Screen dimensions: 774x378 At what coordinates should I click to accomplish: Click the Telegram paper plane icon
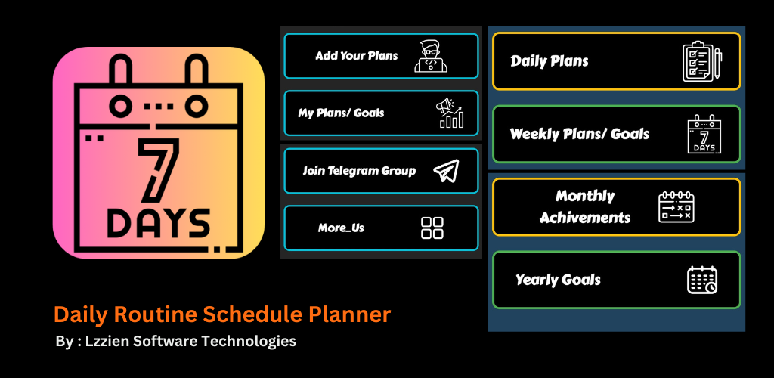coord(446,171)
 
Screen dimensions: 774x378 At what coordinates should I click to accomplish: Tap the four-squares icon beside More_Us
coord(432,228)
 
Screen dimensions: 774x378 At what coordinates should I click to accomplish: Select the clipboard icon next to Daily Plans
coord(702,61)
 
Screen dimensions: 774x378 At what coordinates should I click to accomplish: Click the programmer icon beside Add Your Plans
coord(430,56)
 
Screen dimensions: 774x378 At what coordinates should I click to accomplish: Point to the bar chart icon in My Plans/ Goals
coord(450,113)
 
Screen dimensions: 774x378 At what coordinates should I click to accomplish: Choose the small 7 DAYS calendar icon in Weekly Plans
coord(704,134)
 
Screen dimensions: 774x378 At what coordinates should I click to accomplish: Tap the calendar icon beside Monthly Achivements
coord(676,207)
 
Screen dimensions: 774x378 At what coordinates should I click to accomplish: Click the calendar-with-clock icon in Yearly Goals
coord(702,280)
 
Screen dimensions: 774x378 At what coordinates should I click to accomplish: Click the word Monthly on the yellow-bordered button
coord(585,197)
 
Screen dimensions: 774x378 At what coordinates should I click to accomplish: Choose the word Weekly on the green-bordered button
coord(533,134)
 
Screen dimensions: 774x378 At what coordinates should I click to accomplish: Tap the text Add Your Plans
coord(357,56)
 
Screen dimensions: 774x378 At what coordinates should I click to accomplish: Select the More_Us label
coord(341,228)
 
